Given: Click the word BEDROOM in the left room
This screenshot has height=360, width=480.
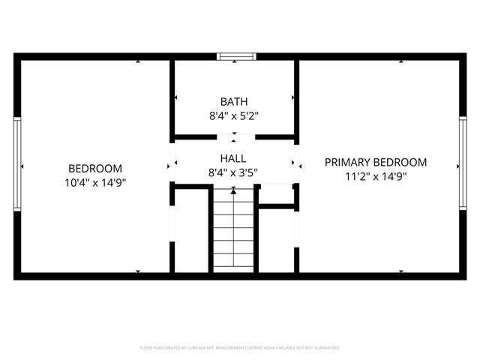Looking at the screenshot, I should [95, 169].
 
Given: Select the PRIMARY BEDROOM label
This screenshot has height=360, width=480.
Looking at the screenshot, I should [375, 162].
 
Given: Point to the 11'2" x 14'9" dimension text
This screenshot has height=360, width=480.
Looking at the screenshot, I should [375, 177].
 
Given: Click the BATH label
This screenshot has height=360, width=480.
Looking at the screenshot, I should [234, 101].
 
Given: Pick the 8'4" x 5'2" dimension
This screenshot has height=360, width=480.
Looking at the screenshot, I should [234, 116].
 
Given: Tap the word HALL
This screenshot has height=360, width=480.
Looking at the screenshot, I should [234, 159].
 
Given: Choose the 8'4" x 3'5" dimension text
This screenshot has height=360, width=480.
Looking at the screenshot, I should [234, 173].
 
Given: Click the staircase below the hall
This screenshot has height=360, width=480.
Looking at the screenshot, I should [234, 232].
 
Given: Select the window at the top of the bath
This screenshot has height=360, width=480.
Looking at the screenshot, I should [234, 55].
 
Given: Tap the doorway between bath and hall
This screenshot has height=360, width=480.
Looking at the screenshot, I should [234, 137].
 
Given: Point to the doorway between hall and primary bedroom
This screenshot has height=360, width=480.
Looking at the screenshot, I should [296, 161].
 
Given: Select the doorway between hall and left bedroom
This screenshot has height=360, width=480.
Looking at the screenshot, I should [172, 161].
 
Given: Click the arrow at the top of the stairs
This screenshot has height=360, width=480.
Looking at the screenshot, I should [234, 191].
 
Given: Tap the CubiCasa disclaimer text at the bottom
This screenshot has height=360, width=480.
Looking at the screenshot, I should [240, 348].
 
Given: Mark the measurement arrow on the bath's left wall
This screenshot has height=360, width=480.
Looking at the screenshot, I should [176, 97].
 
